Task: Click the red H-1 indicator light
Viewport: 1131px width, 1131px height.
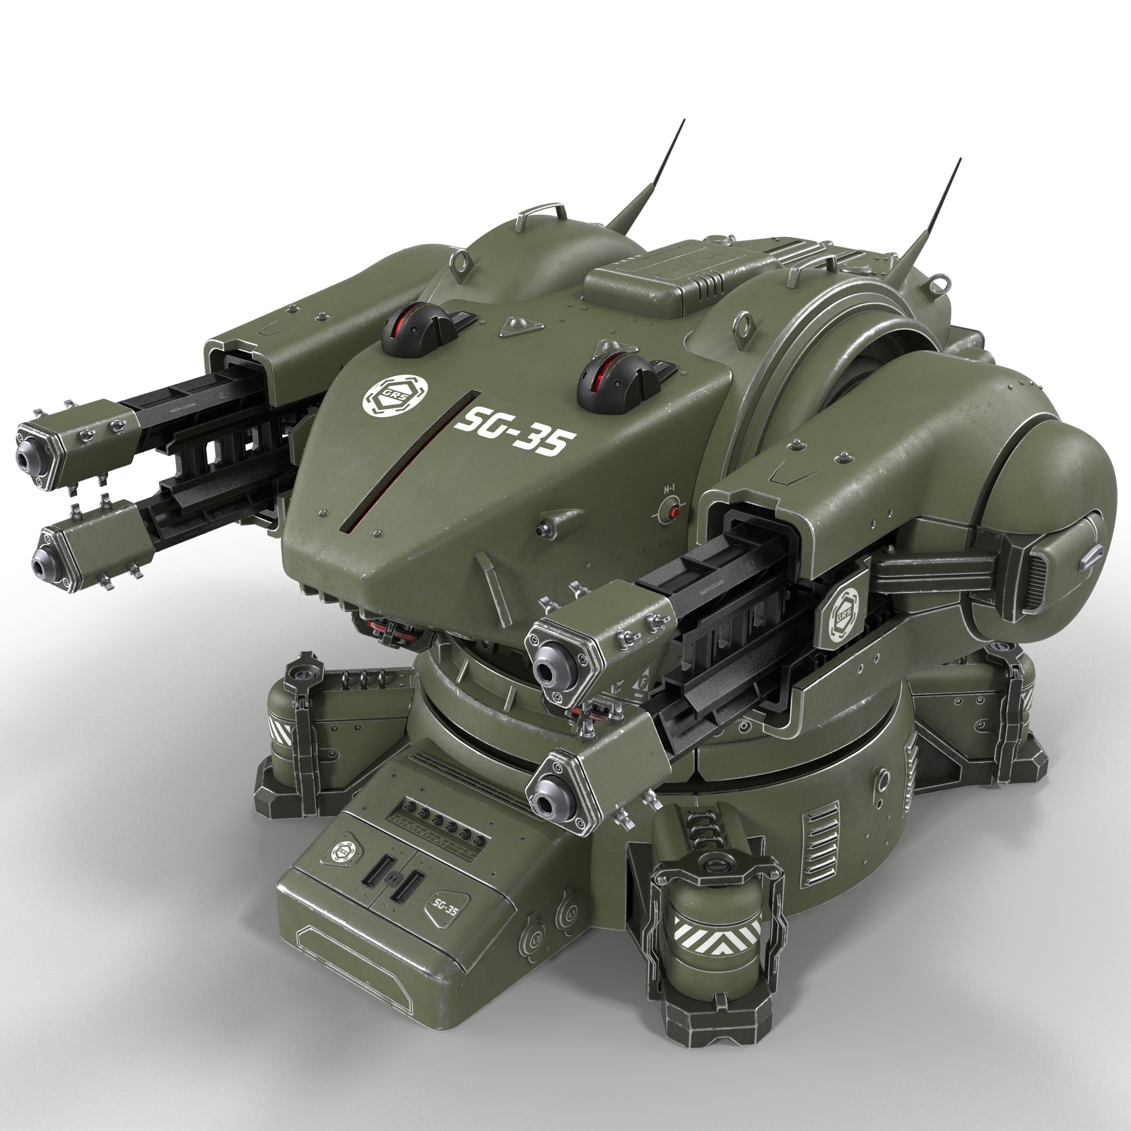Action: tap(674, 512)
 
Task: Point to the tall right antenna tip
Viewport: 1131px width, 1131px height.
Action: tap(959, 160)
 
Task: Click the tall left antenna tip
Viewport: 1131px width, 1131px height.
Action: tap(684, 121)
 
